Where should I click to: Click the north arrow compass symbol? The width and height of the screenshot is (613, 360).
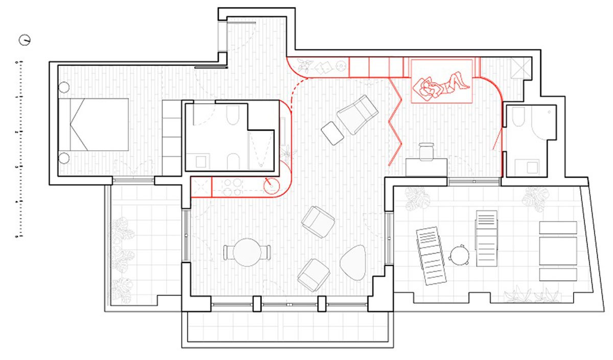[24, 39]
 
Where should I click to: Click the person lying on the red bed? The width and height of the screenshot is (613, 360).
[440, 85]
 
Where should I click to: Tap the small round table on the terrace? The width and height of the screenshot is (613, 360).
[459, 254]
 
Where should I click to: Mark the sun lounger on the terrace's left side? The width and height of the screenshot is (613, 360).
[430, 255]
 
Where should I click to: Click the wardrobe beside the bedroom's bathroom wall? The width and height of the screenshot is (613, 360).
[172, 136]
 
